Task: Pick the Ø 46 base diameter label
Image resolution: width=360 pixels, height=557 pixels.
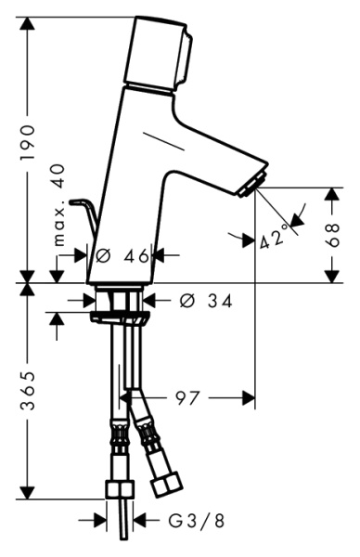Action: pos(122,255)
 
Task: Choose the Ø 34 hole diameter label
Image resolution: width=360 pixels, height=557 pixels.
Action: pos(202,301)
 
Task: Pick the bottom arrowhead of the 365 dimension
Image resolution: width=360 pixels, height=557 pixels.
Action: pos(32,492)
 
